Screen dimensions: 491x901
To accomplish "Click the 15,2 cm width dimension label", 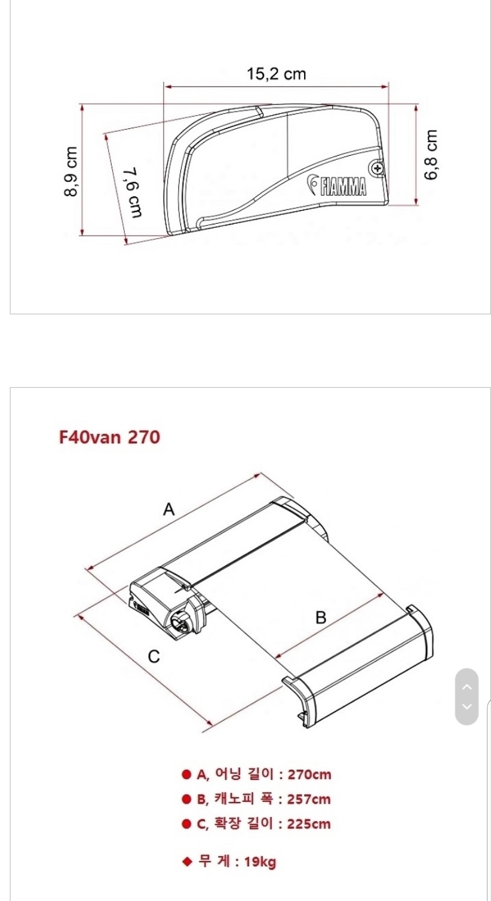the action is pos(277,74).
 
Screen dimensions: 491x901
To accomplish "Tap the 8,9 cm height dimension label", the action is pos(70,171).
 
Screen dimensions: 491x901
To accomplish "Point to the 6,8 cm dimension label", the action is pos(431,155).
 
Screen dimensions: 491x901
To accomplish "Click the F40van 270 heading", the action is pos(109,437).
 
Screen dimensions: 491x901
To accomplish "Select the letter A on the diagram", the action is pos(169,510).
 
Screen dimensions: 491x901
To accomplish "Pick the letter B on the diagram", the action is pos(321,617).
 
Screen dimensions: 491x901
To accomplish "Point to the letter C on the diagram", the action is pos(154,656).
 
